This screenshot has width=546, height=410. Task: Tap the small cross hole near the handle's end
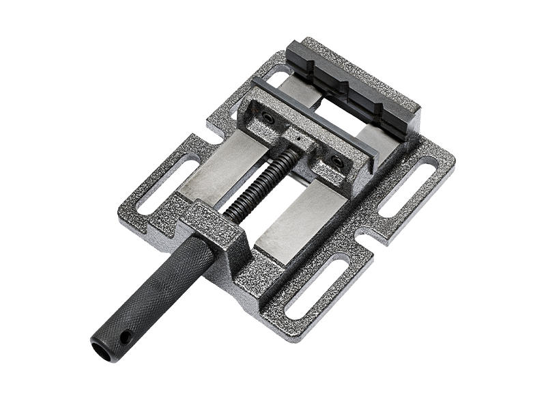[125, 336]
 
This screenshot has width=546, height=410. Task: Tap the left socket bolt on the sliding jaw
[268, 118]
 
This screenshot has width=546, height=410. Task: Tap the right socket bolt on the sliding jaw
[336, 161]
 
